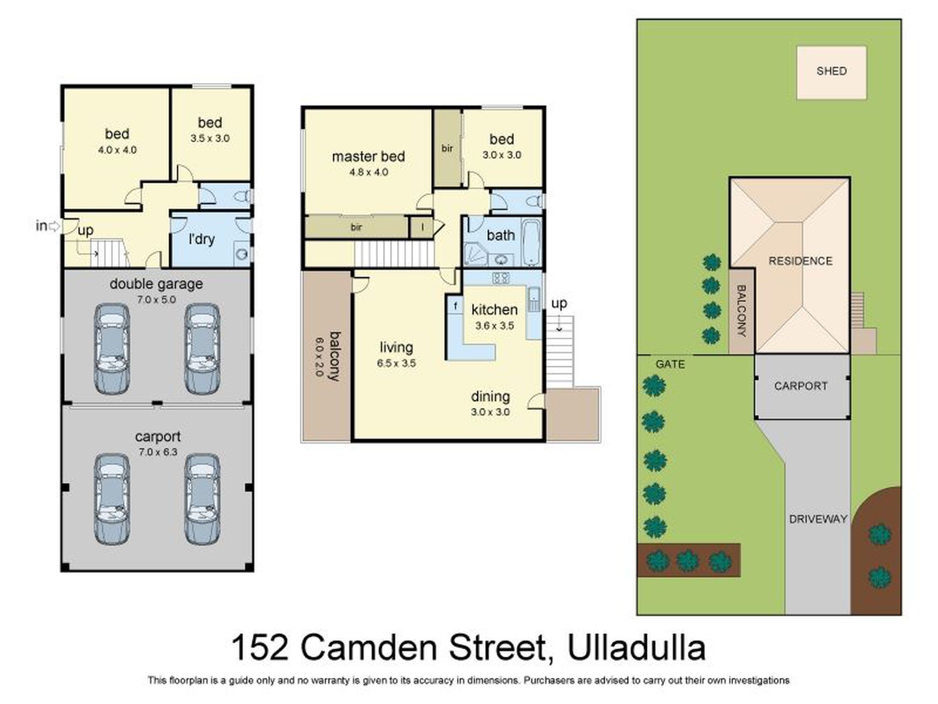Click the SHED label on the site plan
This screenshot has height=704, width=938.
(831, 71)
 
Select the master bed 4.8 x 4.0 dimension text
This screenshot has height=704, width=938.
(369, 172)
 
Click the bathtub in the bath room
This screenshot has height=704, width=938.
(532, 243)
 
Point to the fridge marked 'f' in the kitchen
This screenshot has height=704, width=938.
(455, 306)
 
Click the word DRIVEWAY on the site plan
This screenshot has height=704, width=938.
(818, 519)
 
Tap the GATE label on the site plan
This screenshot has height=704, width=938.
(670, 364)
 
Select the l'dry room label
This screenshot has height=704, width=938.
(201, 240)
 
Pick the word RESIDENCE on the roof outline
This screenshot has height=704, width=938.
(800, 261)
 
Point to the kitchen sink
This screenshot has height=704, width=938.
(534, 297)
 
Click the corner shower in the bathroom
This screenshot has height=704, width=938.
(475, 255)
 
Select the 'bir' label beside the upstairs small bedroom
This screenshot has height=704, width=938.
(447, 148)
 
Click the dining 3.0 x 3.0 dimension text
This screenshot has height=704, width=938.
(490, 412)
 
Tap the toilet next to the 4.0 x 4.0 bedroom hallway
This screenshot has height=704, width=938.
(242, 197)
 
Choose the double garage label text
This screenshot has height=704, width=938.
(156, 284)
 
